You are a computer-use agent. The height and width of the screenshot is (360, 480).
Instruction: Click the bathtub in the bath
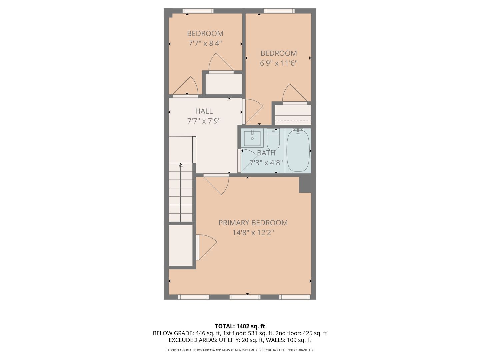pos(298,151)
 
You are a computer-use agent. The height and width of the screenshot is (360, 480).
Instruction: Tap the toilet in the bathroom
pos(273,140)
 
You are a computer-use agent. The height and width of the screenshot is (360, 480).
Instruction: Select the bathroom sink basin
pos(252,138)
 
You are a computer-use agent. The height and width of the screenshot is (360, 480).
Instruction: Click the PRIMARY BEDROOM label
pos(253,223)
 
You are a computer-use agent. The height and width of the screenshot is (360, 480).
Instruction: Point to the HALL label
pos(204,111)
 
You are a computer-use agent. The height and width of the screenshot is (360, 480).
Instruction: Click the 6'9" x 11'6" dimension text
pos(279,63)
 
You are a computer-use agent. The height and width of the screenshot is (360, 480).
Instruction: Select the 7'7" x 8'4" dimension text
pos(205,43)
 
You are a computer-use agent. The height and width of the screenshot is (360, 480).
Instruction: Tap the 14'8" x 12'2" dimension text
pos(253,233)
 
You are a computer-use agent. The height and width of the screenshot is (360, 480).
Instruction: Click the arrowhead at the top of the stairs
pos(181,165)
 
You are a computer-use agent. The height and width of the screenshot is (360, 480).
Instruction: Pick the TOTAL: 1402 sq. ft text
pos(240,326)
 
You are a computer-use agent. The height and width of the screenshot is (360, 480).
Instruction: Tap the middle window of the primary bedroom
pos(245,297)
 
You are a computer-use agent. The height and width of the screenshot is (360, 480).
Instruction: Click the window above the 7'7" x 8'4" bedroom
pos(198,11)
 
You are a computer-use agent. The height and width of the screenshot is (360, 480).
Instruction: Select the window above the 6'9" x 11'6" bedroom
pos(279,11)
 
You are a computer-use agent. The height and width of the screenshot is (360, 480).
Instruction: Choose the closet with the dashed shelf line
pos(293,115)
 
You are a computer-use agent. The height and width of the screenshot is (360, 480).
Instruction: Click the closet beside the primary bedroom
pos(181,245)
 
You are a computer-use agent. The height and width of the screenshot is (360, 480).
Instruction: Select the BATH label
pos(266,153)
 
